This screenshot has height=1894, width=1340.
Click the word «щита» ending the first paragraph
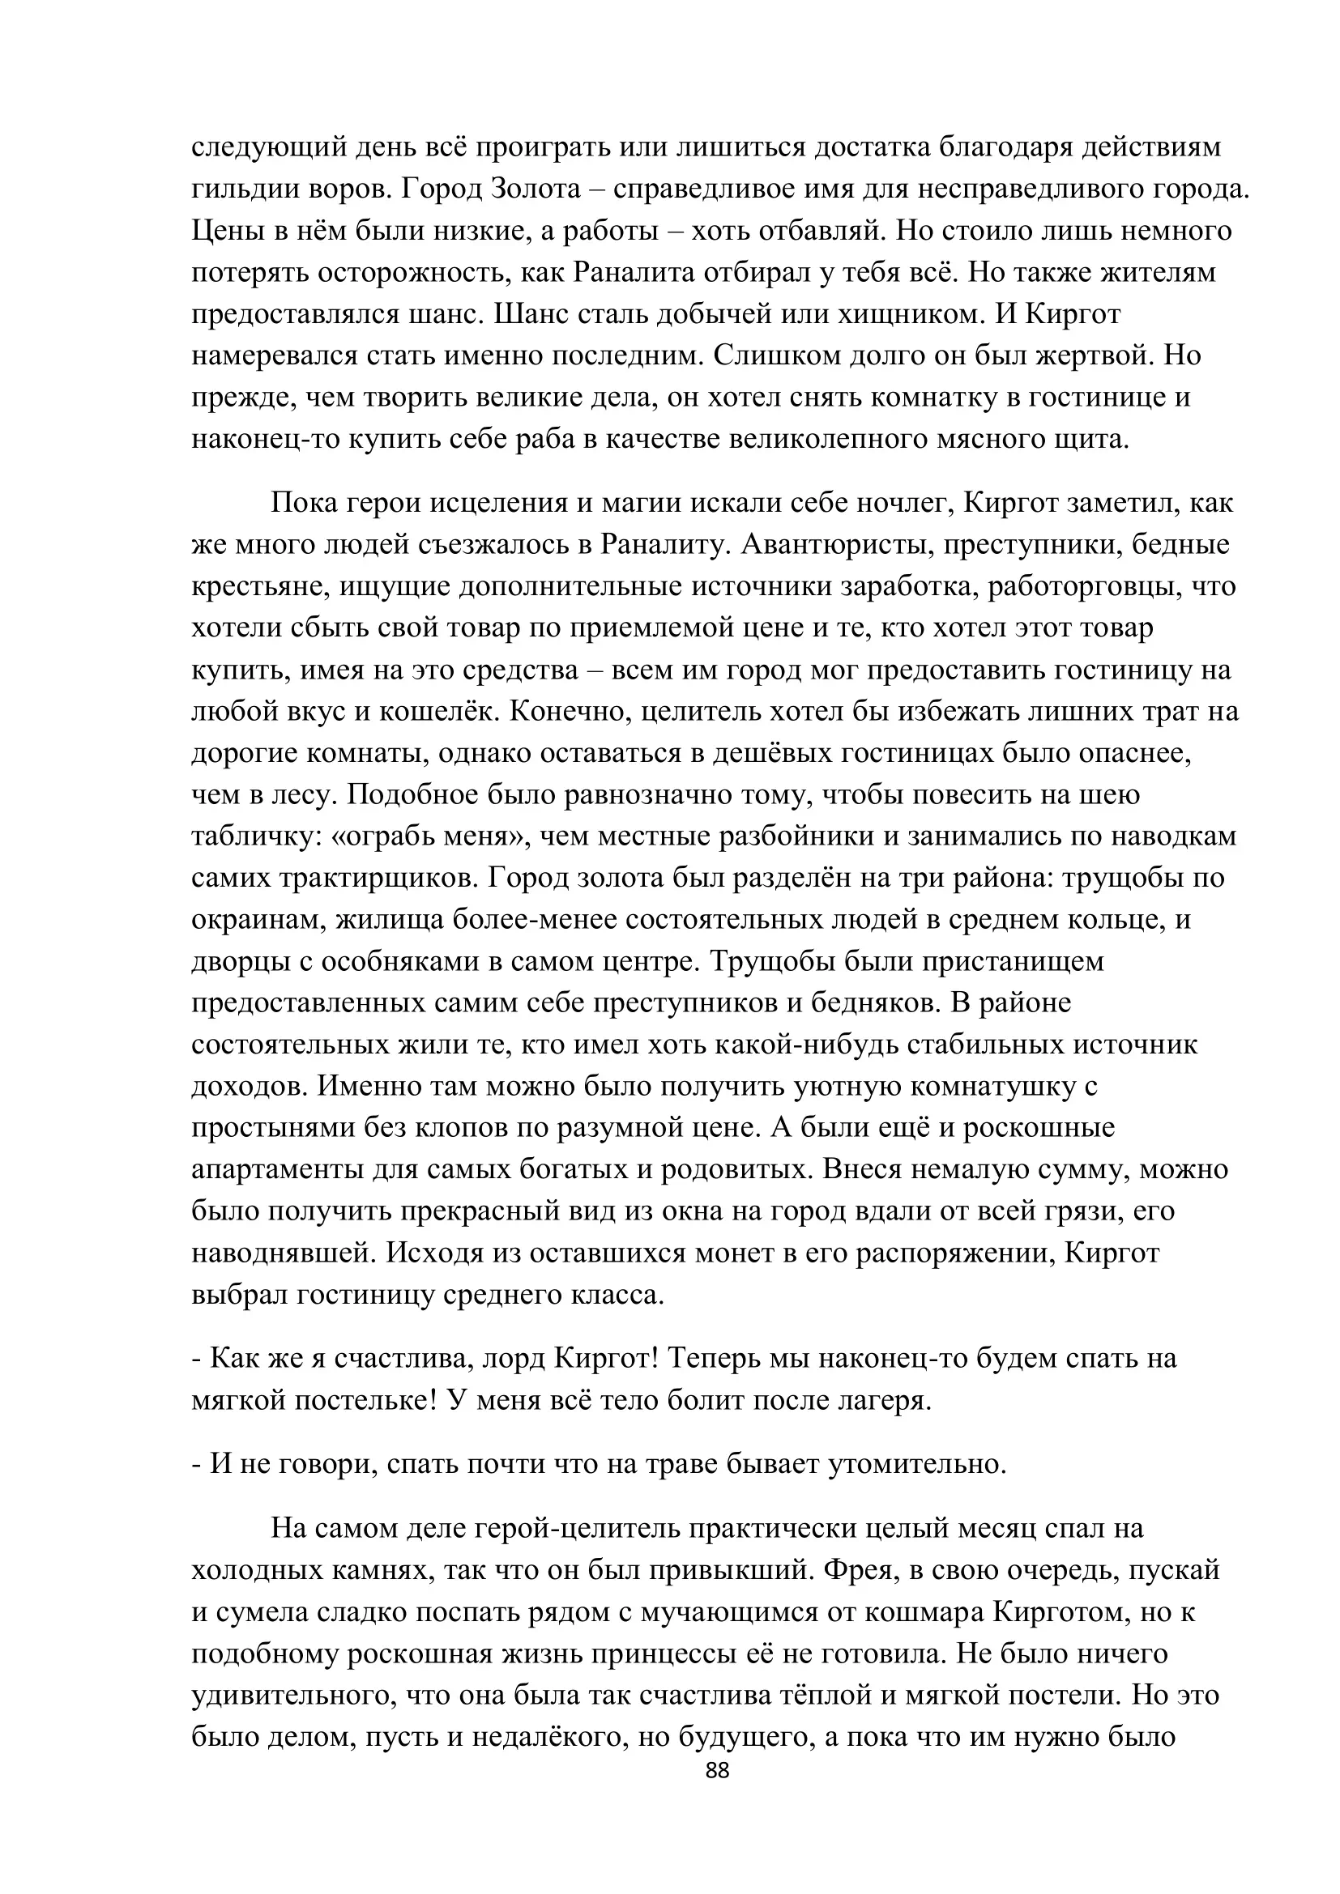point(1089,439)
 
